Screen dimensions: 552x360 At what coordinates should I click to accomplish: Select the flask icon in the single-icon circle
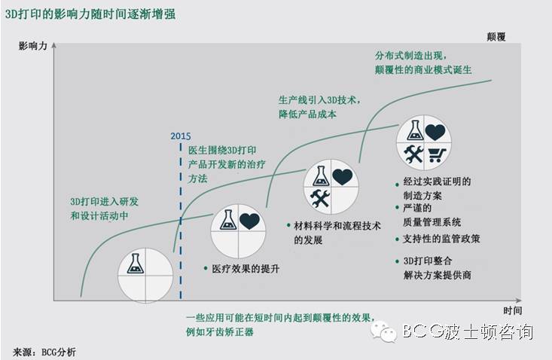point(136,264)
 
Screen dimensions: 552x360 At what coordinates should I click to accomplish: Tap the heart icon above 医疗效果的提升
point(250,221)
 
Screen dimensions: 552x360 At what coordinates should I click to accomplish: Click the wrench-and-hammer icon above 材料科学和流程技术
point(320,198)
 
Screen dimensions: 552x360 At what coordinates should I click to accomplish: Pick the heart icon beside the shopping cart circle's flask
point(435,132)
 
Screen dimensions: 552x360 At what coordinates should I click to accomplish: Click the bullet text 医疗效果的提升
point(239,269)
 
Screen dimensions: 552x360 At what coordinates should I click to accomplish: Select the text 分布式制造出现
point(411,56)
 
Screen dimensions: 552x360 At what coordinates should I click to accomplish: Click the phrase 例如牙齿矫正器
point(223,331)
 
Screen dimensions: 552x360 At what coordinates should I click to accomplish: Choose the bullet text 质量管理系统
point(432,222)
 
